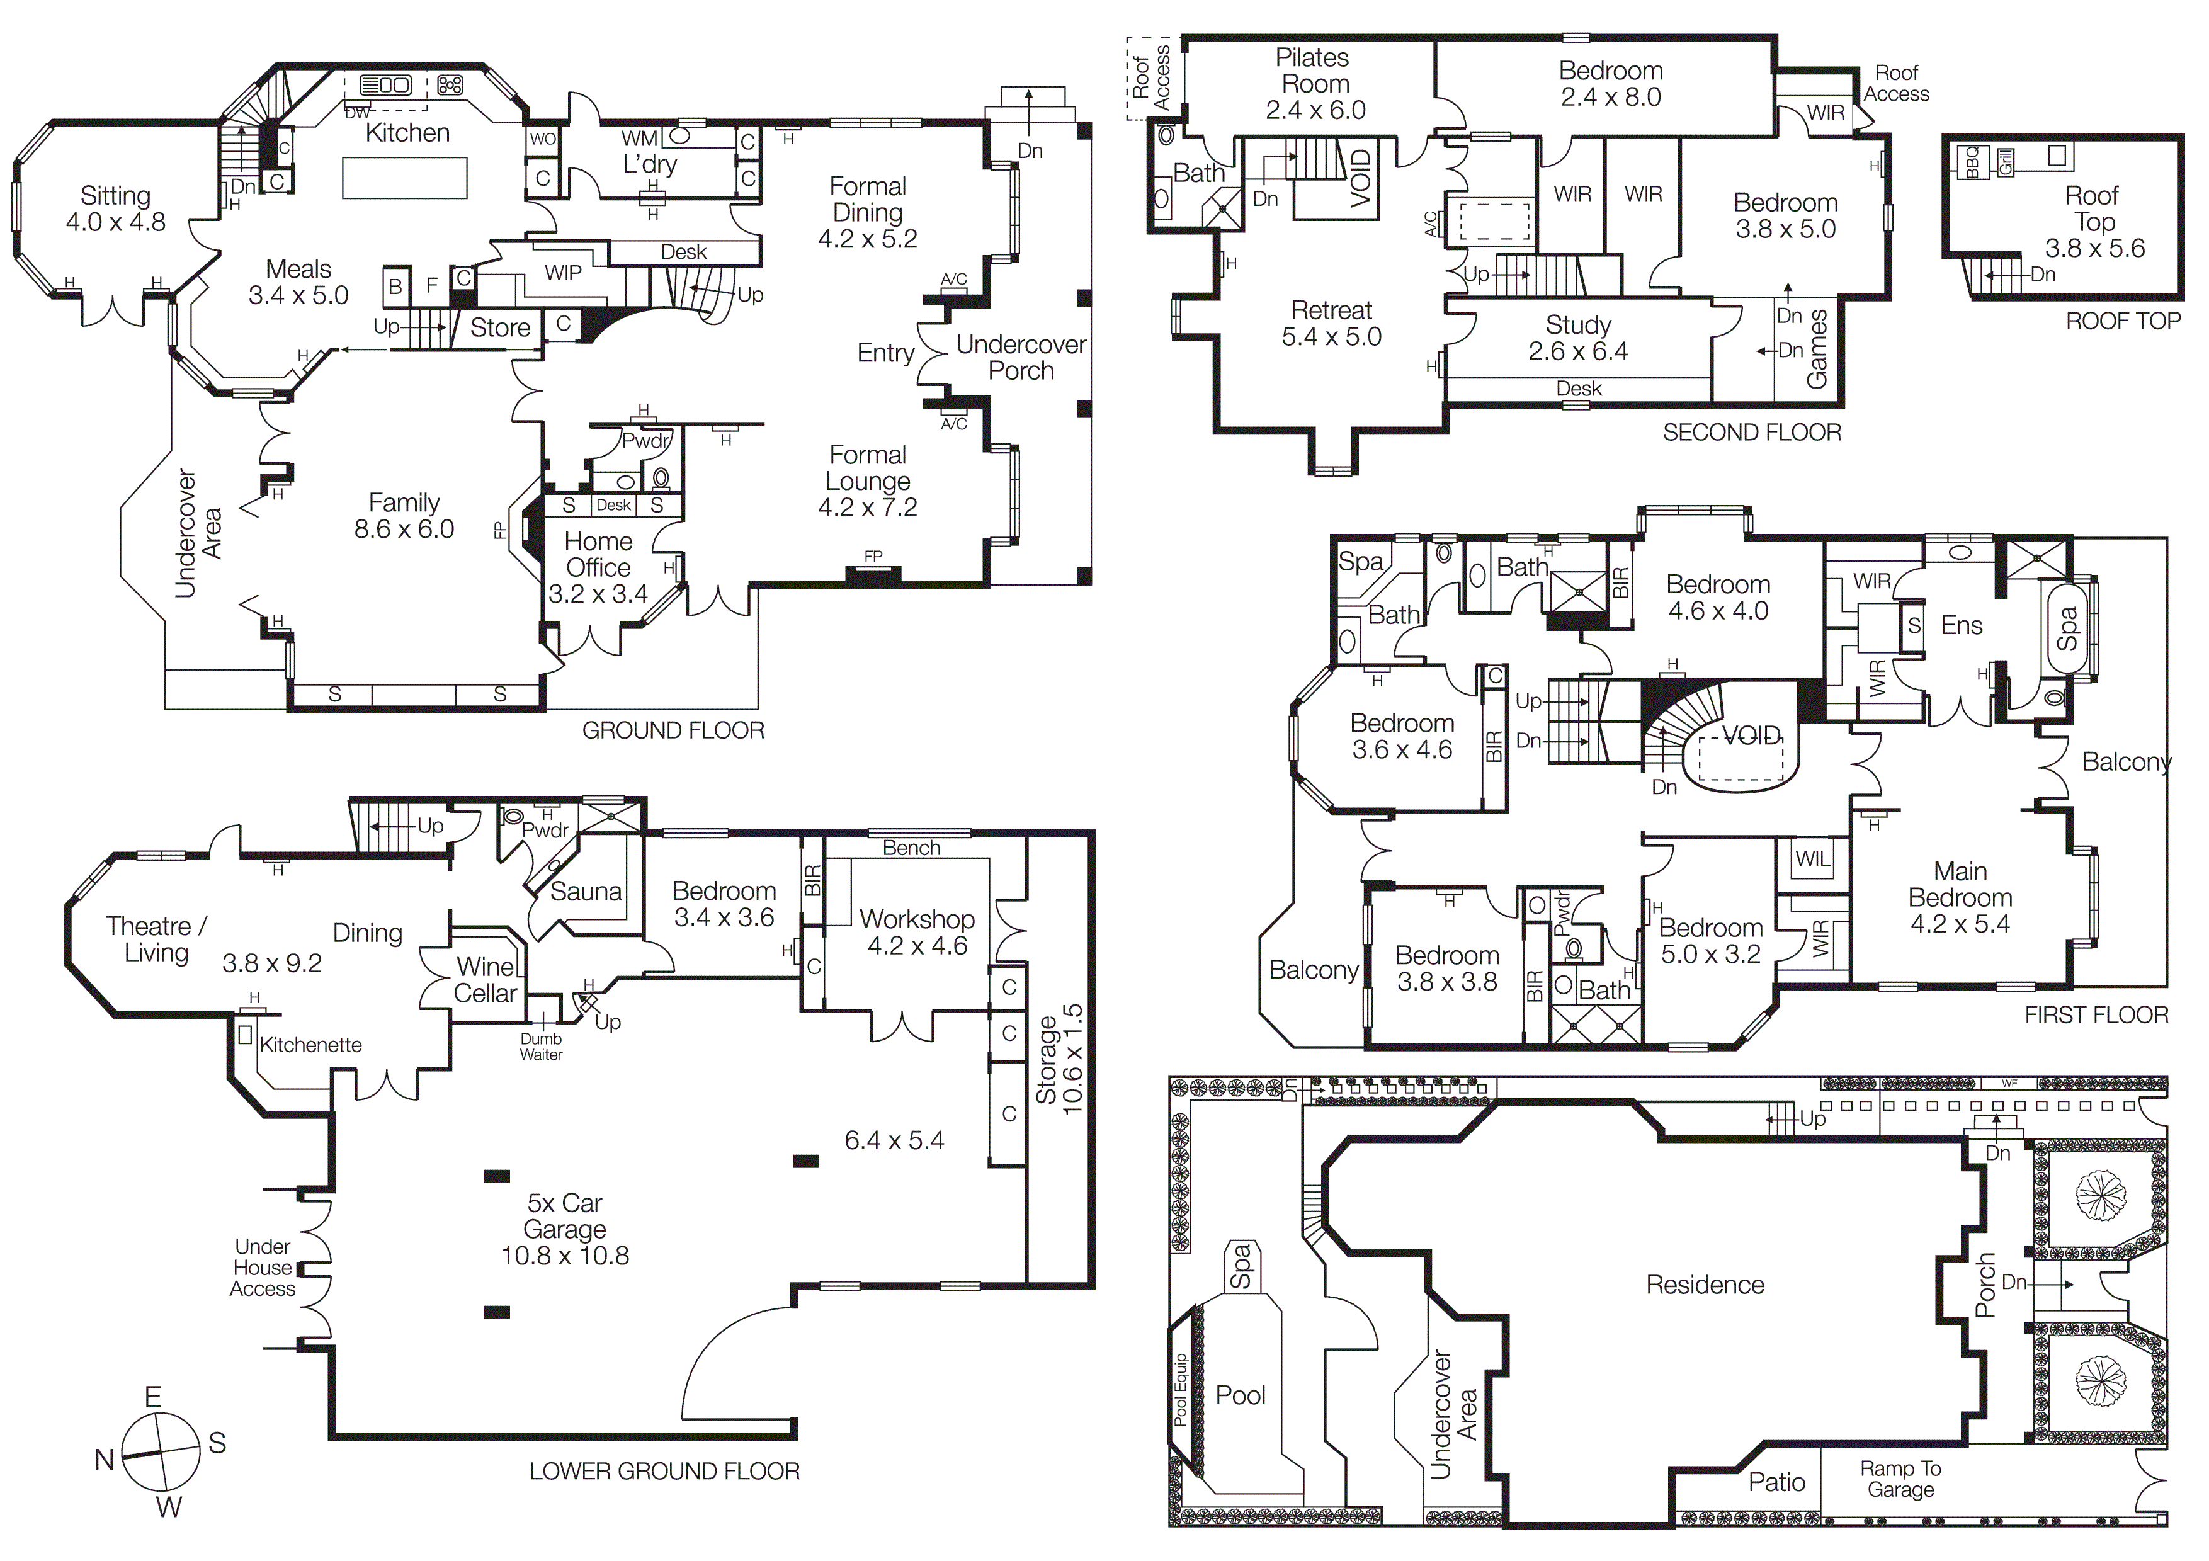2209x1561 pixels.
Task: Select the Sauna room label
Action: [586, 892]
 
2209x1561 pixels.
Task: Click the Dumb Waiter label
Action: [541, 1047]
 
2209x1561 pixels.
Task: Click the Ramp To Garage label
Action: [1900, 1479]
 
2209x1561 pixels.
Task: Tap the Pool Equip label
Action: [1181, 1390]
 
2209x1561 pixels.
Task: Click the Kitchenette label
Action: [311, 1045]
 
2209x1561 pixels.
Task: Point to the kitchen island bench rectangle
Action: [404, 178]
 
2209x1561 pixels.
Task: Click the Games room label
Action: [1817, 349]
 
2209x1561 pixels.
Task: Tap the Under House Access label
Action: [262, 1268]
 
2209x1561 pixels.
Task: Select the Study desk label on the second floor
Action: [1579, 389]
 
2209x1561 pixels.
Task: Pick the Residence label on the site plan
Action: [1705, 1285]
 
